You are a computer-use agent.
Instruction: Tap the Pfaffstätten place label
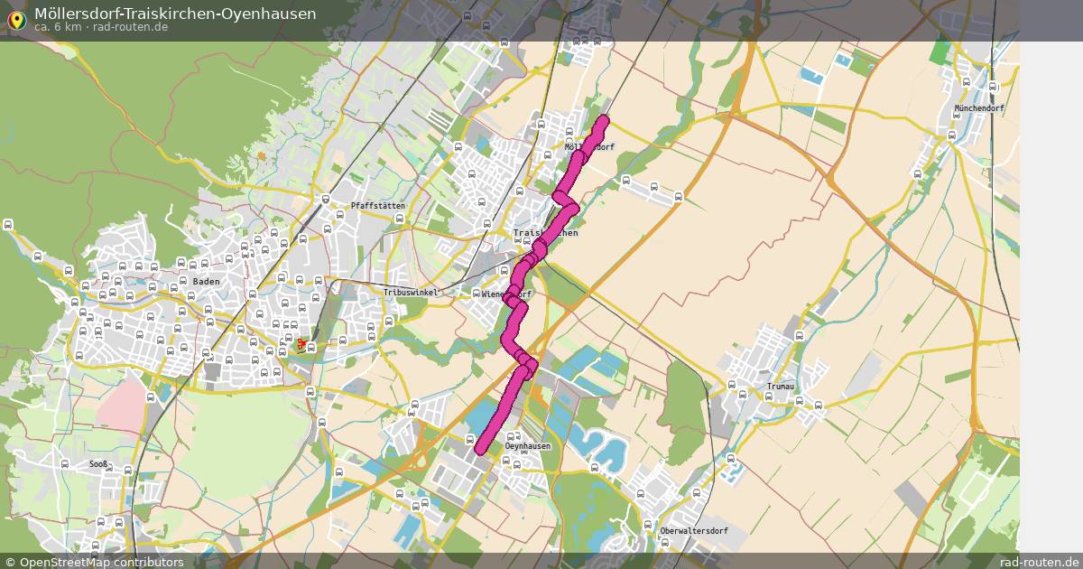(x=377, y=206)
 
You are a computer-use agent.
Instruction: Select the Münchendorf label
(x=978, y=108)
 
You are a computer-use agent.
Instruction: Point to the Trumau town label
(x=780, y=387)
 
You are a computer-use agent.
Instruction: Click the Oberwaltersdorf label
(x=693, y=530)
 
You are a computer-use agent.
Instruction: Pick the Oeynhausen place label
(x=528, y=446)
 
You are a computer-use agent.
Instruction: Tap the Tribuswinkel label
(x=411, y=293)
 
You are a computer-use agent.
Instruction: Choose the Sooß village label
(x=98, y=464)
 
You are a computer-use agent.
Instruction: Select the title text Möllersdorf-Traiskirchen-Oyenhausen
(x=175, y=14)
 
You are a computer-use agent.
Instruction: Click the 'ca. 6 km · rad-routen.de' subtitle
(x=101, y=27)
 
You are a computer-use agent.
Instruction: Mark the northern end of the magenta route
(x=603, y=120)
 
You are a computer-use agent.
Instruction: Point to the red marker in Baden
(x=301, y=343)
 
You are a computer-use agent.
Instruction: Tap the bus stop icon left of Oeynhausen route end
(x=470, y=439)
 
